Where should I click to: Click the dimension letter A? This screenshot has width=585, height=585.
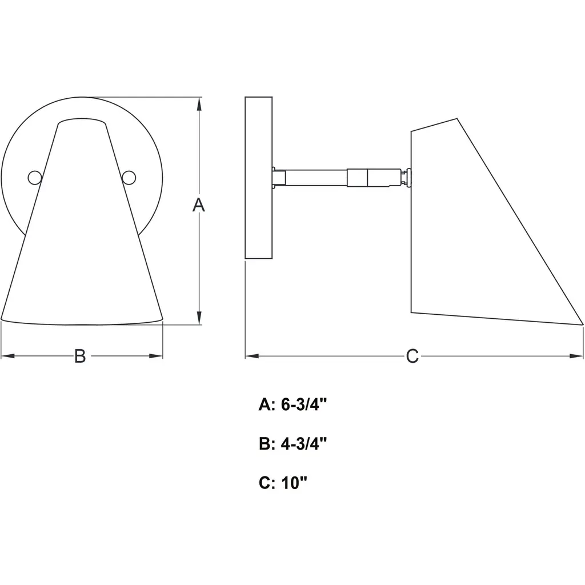coord(198,205)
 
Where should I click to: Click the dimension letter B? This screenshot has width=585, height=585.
coord(80,356)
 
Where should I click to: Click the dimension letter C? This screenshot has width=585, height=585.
coord(412,356)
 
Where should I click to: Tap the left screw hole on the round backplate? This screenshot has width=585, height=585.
coord(35,178)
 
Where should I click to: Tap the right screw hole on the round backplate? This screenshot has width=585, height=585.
coord(129,178)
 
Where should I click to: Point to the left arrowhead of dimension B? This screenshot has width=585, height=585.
coord(8,356)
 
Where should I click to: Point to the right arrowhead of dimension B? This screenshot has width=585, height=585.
coord(156,356)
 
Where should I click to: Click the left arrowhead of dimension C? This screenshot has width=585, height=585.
coord(252,356)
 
